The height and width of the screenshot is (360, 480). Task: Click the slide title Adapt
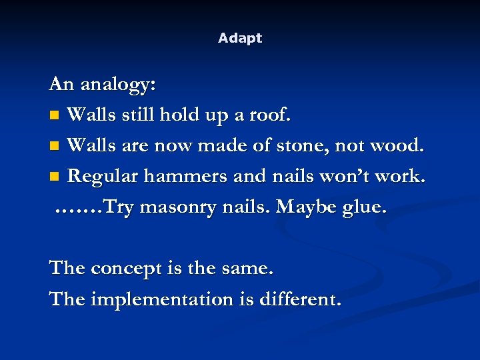[240, 39]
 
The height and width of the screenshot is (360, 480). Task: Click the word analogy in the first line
[118, 85]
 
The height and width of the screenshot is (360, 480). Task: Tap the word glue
[365, 207]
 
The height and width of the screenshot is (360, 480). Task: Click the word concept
[123, 269]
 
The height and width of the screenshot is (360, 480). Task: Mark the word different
[303, 299]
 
